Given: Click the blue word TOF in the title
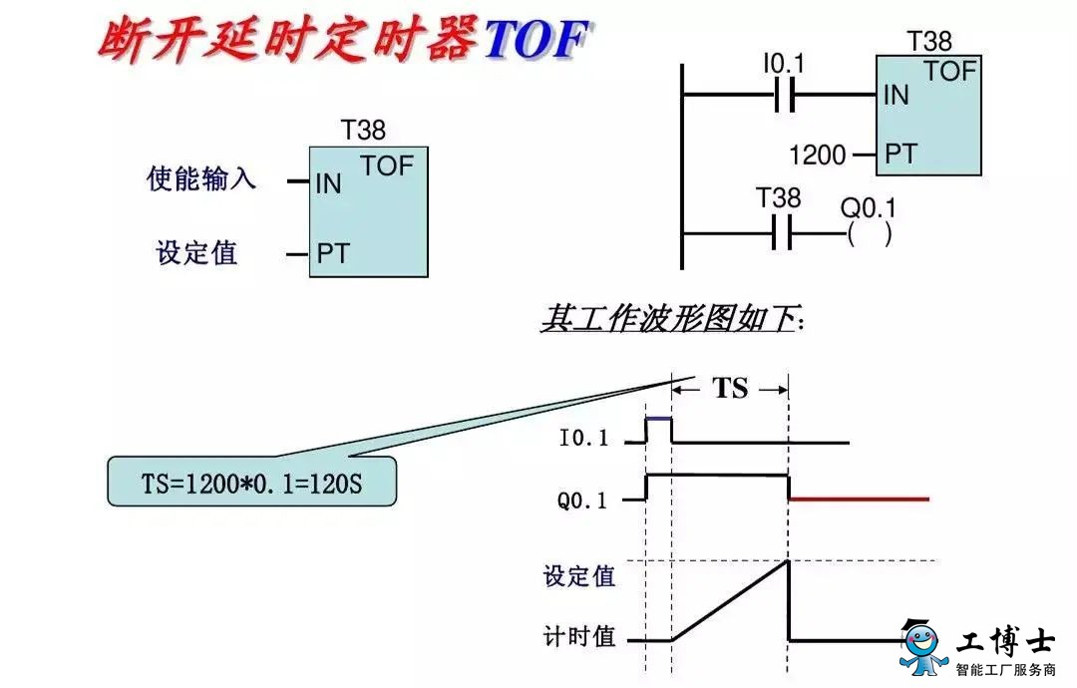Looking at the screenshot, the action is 537,39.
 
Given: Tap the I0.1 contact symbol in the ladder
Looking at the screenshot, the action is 785,94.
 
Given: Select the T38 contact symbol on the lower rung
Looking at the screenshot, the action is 781,232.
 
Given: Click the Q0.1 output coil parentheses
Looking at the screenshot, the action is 870,234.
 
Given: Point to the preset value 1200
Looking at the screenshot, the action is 818,156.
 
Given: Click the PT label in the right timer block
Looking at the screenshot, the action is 900,154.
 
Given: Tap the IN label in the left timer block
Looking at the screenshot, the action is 328,183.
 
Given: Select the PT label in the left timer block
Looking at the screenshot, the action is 333,253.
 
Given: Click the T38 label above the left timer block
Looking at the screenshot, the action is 363,130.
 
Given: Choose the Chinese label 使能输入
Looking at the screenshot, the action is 200,178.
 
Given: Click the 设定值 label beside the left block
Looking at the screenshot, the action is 197,252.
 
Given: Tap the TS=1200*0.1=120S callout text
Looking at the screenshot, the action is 251,484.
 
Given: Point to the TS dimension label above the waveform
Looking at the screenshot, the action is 730,389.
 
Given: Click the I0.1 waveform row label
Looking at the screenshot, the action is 583,438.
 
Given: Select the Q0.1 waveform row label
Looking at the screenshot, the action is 582,500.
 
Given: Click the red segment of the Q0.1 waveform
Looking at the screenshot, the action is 859,500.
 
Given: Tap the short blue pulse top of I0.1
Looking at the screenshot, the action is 659,418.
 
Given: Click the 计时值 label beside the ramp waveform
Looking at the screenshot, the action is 579,636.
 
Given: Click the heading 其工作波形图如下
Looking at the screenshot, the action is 672,319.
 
